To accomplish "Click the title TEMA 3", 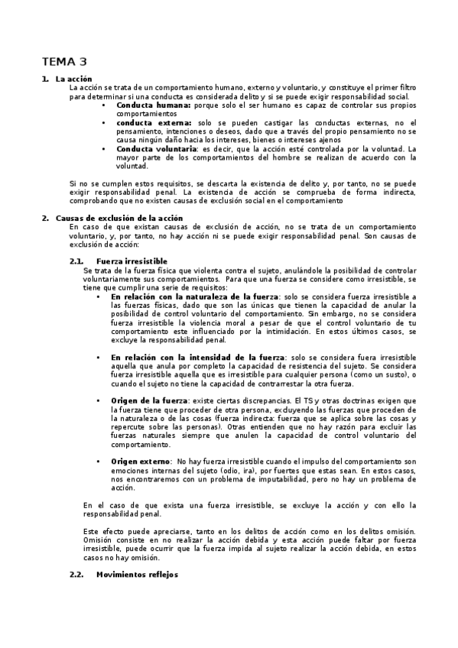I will [x=63, y=62].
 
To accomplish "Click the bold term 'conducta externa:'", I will [x=154, y=122].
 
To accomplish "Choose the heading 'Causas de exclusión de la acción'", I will [x=119, y=219].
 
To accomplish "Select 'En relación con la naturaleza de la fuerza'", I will [x=194, y=296].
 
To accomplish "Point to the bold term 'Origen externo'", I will [x=139, y=462].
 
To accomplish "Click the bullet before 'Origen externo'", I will [x=100, y=462].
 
